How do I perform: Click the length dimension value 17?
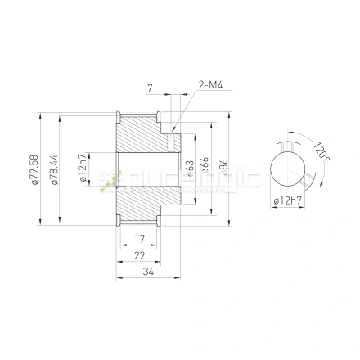point(140,239)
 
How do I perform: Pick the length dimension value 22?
point(140,255)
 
